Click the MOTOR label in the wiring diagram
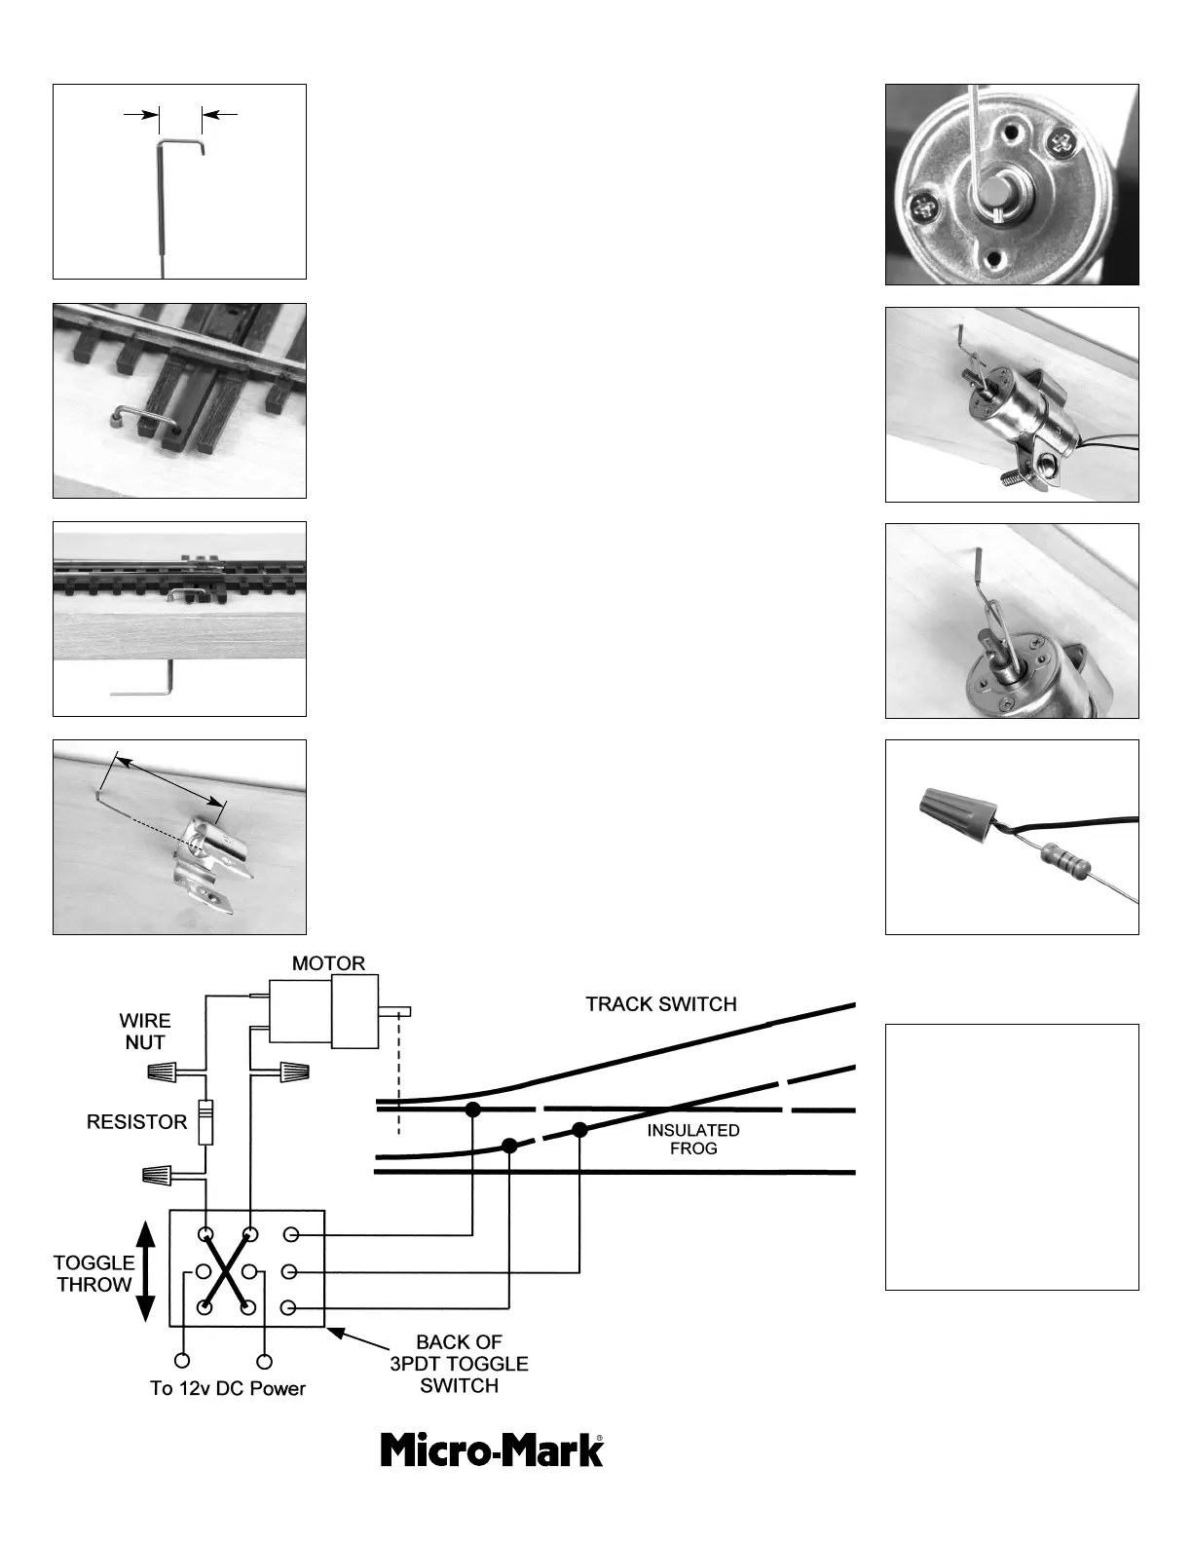[x=328, y=963]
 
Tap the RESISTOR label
[x=136, y=1122]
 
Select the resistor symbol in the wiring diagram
[x=205, y=1122]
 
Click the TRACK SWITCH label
[x=660, y=1004]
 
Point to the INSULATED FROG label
[x=692, y=1139]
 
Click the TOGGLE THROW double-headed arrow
[x=146, y=1272]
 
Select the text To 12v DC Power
[x=228, y=1388]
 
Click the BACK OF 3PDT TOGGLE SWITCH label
[x=459, y=1364]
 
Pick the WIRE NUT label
[x=144, y=1031]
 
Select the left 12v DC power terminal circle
[x=182, y=1361]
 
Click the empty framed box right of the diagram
[x=1011, y=1156]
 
